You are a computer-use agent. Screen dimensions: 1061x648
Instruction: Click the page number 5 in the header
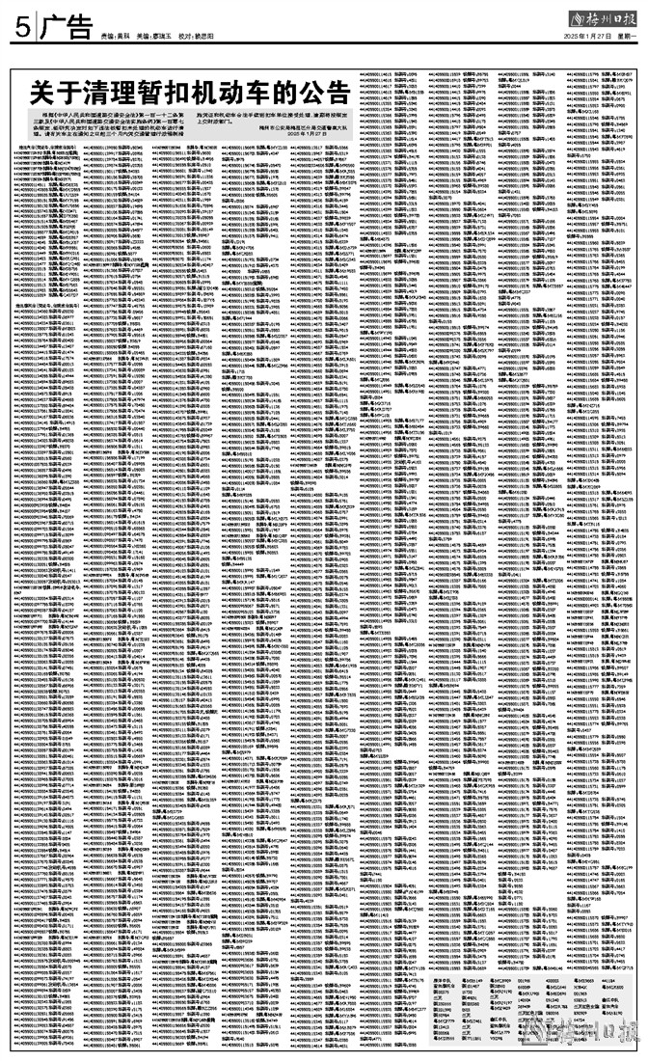coord(19,27)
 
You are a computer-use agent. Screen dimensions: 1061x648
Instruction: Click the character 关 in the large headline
coord(43,95)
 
